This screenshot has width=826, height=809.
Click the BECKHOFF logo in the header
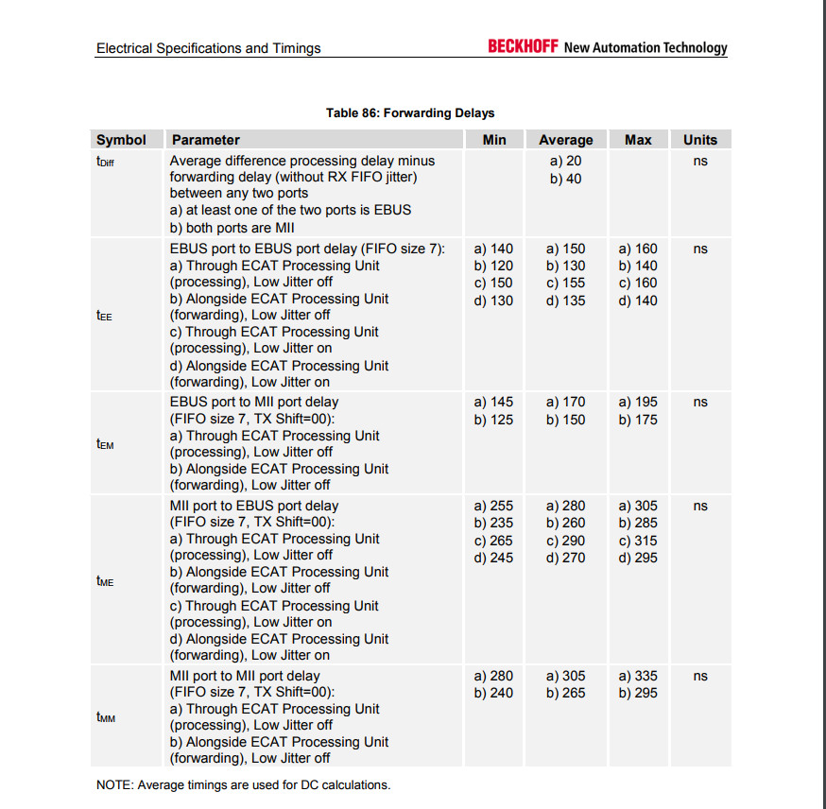click(523, 46)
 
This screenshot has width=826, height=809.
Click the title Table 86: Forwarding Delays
click(410, 112)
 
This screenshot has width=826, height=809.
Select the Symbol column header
click(122, 140)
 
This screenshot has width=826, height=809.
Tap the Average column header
click(565, 140)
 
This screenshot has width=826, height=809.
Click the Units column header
click(700, 140)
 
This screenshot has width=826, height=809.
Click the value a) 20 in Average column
click(565, 162)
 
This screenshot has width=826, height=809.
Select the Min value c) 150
click(493, 283)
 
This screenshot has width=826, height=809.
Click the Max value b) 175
click(638, 420)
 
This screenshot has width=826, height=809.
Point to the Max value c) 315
click(638, 541)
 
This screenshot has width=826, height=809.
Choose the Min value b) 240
click(493, 693)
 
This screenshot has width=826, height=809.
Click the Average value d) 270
click(565, 558)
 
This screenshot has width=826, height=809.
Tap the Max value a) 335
click(638, 676)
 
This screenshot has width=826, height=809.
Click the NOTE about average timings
click(243, 784)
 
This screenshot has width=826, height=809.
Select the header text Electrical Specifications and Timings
click(208, 48)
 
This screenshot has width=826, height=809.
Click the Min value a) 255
click(493, 506)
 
